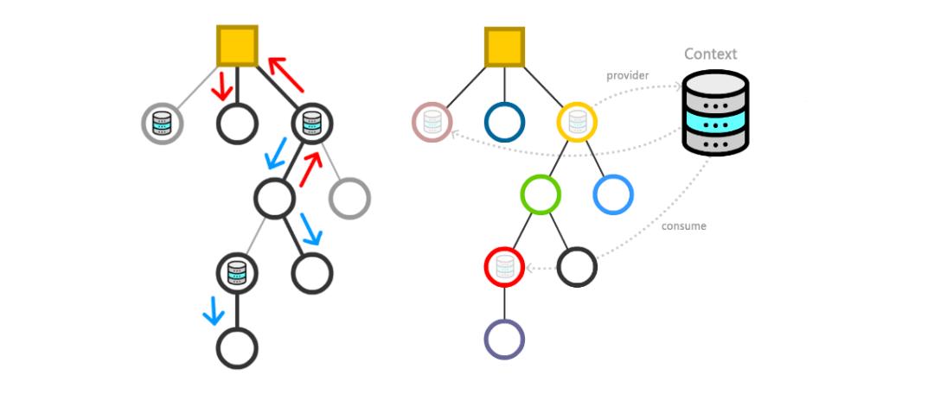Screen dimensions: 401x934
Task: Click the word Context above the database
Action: click(710, 54)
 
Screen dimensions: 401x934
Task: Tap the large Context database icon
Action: click(714, 113)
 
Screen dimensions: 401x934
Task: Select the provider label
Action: click(628, 76)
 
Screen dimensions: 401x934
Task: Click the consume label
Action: click(683, 226)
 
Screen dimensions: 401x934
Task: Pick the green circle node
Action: click(541, 194)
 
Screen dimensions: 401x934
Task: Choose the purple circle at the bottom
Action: click(504, 338)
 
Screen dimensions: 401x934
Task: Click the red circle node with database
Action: click(505, 266)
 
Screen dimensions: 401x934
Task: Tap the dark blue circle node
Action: click(504, 122)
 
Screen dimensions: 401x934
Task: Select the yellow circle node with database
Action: click(577, 122)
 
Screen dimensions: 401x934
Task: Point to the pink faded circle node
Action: click(432, 122)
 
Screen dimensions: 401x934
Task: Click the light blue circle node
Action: click(613, 194)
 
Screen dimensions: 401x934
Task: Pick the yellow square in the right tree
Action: click(504, 48)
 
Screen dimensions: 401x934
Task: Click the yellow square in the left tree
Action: click(236, 45)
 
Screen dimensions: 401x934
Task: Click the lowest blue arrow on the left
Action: click(212, 311)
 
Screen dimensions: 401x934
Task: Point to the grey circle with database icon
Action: click(163, 124)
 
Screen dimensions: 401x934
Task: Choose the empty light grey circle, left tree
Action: click(349, 198)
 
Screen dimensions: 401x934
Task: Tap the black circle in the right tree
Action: click(577, 266)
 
